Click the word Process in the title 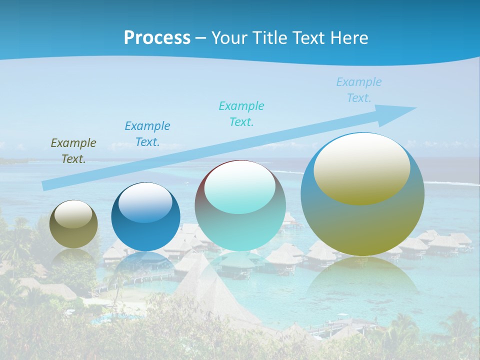pos(157,38)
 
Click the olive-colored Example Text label pos(73,151)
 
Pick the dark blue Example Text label pos(147,134)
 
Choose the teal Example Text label pos(241,114)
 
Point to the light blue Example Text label pos(359,90)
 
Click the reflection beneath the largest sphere pos(362,280)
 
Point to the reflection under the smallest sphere pos(73,257)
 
